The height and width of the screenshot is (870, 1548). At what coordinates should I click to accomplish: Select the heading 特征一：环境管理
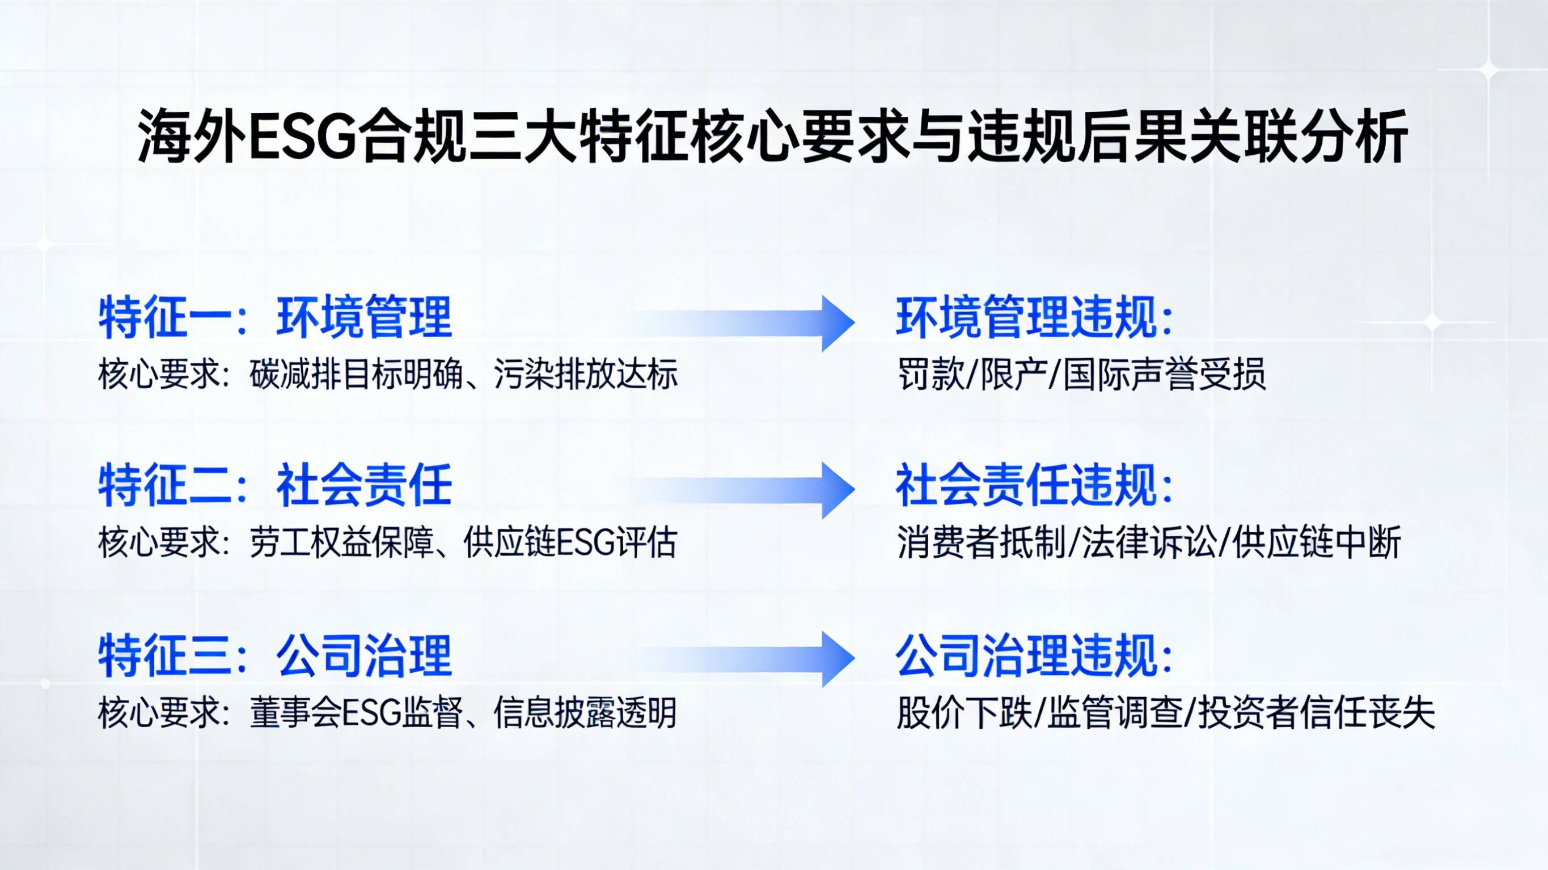[275, 317]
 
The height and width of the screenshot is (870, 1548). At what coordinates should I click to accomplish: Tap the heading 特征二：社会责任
[275, 485]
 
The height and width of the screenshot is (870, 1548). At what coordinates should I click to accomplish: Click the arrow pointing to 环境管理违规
[744, 323]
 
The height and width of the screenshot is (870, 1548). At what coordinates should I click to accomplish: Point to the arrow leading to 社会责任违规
[744, 490]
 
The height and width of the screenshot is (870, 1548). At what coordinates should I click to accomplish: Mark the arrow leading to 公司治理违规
[744, 659]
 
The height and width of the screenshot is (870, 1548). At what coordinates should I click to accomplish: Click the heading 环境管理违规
[1034, 317]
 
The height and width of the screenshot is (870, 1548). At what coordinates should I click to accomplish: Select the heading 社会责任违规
[1034, 485]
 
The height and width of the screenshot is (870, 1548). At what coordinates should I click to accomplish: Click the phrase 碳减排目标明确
[356, 374]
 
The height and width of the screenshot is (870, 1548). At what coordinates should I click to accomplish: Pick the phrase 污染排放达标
[586, 374]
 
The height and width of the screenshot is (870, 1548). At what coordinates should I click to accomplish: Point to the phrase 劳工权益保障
[341, 542]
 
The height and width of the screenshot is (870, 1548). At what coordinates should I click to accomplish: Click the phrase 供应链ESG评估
[570, 542]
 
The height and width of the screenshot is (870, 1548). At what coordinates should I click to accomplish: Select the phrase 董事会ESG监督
[356, 712]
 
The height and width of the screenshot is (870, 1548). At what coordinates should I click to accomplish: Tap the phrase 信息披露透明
[585, 712]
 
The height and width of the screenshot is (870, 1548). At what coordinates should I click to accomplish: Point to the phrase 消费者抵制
[981, 542]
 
